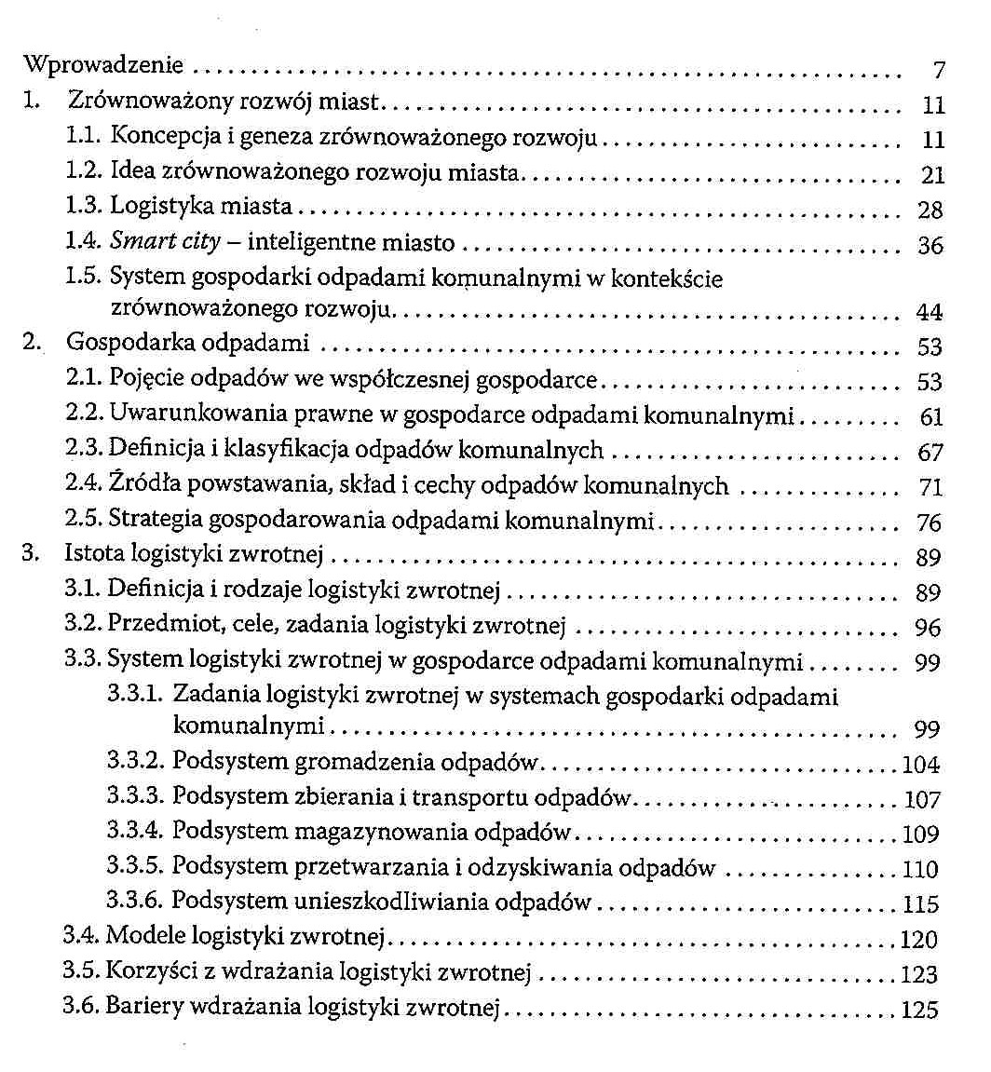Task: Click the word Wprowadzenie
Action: [102, 66]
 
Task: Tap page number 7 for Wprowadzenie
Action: [938, 71]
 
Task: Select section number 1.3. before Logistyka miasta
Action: [84, 207]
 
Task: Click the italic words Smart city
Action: [165, 242]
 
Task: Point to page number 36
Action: [930, 246]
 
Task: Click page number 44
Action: [930, 312]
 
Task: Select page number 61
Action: [930, 418]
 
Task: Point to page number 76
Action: [930, 522]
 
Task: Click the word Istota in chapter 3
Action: [94, 555]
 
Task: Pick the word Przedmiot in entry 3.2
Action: [155, 625]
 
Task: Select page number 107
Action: [922, 800]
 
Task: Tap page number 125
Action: [919, 1010]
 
